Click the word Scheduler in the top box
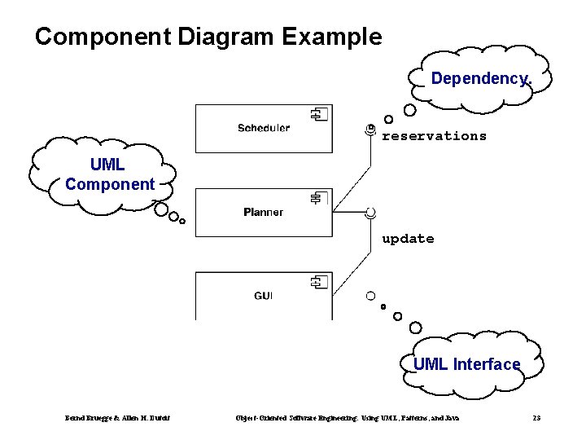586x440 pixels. tap(263, 128)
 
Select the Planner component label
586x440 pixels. tap(263, 213)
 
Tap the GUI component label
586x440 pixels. tap(263, 296)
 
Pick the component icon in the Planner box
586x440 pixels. tap(317, 198)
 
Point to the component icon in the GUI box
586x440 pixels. tap(317, 282)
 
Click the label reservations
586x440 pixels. tap(434, 136)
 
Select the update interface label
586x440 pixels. tap(408, 239)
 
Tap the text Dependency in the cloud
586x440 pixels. tap(479, 79)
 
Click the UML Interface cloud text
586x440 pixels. tap(466, 364)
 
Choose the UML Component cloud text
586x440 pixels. tap(109, 175)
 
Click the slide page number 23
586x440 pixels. tap(536, 418)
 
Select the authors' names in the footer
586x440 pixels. tap(117, 418)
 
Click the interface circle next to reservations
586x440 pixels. tap(370, 129)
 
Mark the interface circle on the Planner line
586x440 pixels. tap(370, 213)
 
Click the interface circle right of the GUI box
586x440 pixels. tap(370, 296)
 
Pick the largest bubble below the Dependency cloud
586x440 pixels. tap(410, 109)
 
